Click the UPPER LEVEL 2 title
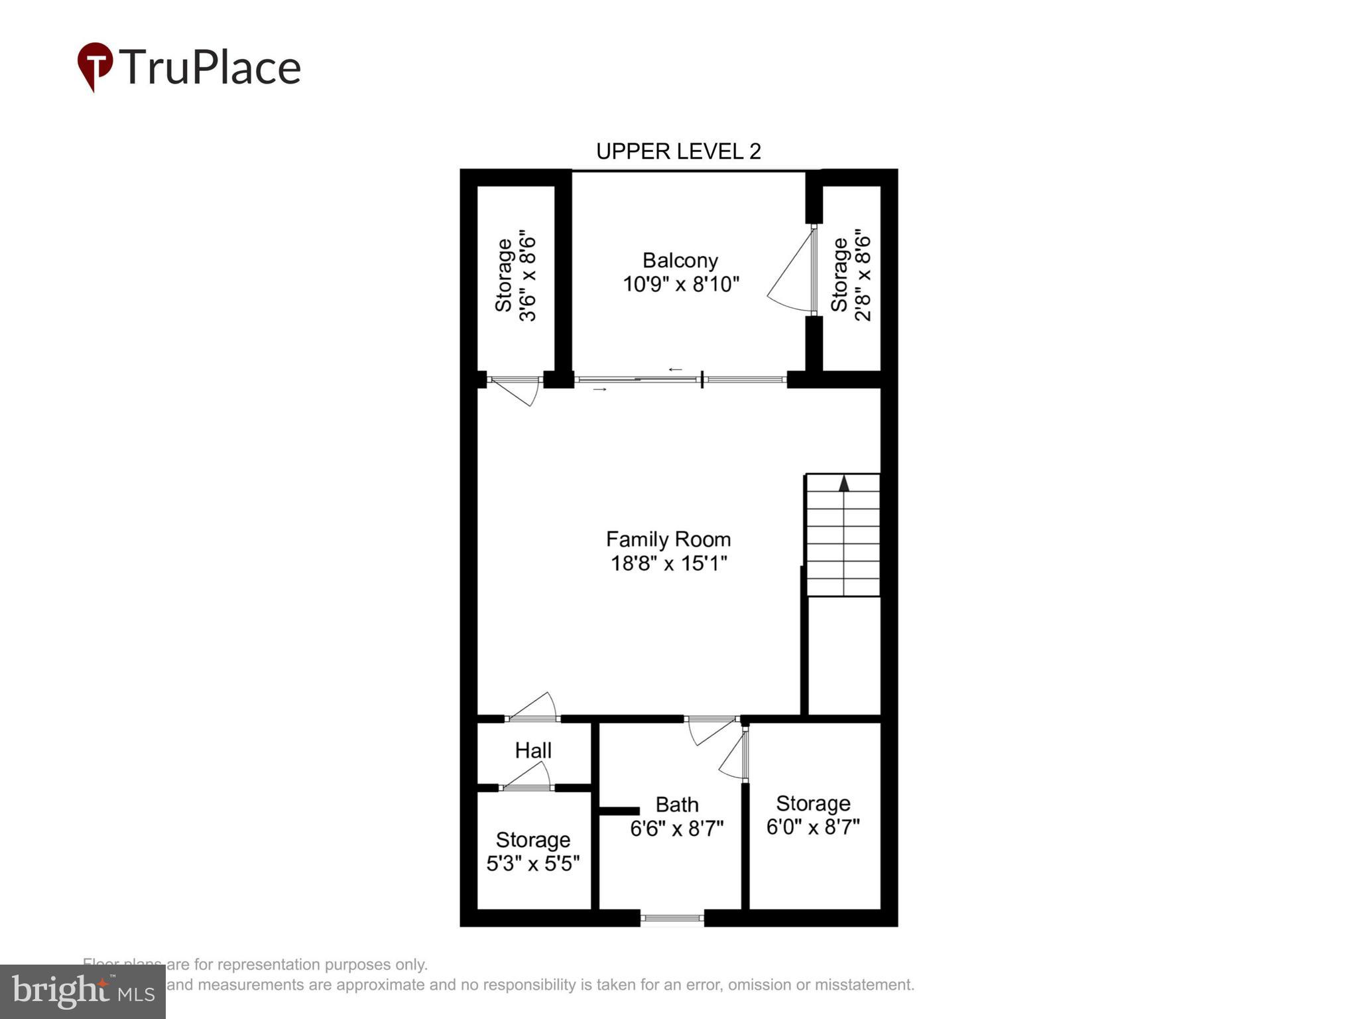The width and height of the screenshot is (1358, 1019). click(678, 151)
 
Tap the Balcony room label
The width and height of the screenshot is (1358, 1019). click(680, 260)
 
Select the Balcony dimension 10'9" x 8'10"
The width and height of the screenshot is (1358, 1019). click(680, 285)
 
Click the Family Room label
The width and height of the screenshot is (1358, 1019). click(668, 539)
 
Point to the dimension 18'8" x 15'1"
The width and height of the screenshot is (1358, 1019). click(668, 564)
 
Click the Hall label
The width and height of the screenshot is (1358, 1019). click(533, 750)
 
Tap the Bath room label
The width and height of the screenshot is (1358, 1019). click(676, 805)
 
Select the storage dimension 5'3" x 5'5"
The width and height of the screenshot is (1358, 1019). click(533, 864)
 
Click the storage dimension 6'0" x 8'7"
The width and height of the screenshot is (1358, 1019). click(813, 827)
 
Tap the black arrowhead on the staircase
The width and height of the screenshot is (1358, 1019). click(843, 484)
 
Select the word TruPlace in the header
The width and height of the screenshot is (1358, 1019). click(210, 67)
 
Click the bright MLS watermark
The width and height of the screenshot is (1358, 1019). click(83, 991)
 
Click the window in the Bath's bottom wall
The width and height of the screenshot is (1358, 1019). click(672, 918)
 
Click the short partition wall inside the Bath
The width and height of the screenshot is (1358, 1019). click(619, 811)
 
